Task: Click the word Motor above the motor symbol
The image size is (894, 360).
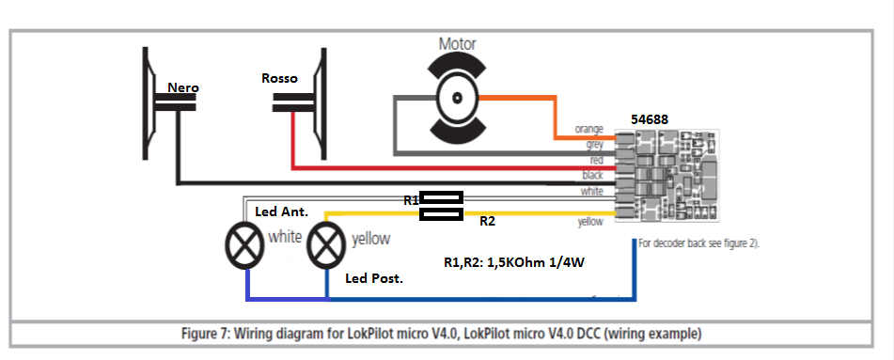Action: [457, 44]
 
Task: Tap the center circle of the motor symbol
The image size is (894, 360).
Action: [457, 98]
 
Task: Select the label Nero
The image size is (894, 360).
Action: [183, 87]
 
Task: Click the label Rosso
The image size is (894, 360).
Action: [279, 78]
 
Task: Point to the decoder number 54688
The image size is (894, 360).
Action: [650, 119]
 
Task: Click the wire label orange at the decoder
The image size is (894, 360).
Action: [589, 130]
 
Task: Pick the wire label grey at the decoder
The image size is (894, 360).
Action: [595, 145]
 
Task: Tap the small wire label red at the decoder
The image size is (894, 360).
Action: [596, 161]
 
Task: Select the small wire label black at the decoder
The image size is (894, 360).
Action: [592, 175]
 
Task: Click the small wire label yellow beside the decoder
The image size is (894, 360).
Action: [589, 222]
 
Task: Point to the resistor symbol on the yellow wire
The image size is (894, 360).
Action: [441, 214]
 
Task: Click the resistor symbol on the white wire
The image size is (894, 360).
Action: [441, 197]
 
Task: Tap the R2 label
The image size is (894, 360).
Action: [487, 222]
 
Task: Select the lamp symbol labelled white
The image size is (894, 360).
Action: [245, 244]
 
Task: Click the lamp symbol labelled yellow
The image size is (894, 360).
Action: [326, 244]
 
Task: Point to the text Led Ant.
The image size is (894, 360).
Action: [282, 211]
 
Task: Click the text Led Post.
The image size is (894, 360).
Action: [374, 279]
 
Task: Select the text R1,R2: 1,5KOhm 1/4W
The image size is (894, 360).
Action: [513, 263]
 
